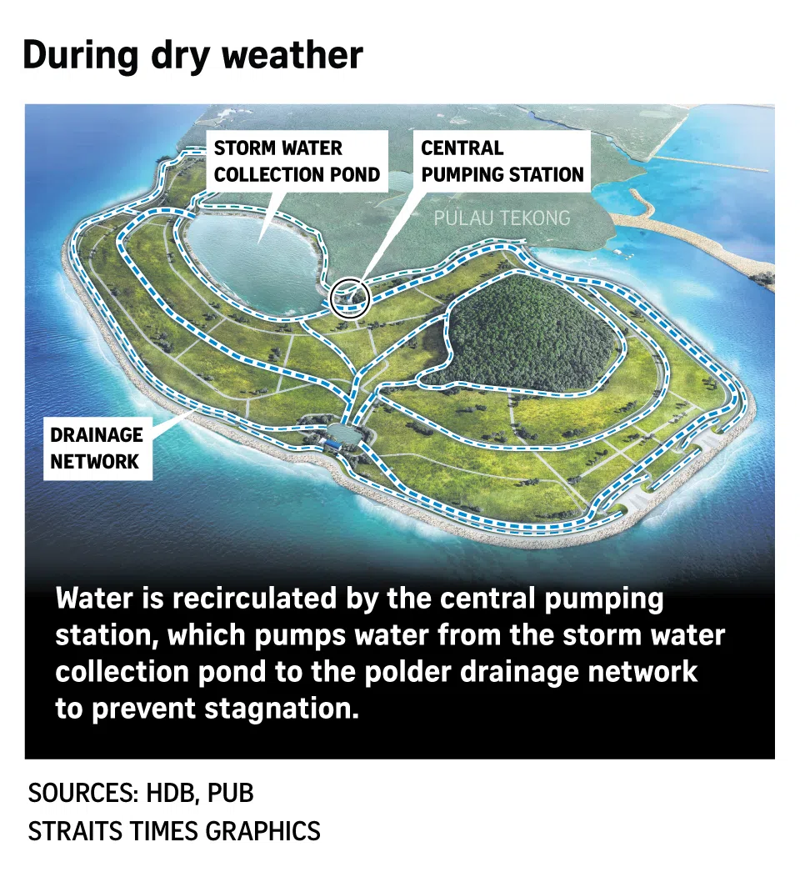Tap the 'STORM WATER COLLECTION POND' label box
(297, 161)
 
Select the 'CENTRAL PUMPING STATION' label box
(502, 161)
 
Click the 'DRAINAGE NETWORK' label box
(97, 448)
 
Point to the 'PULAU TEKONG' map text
(502, 218)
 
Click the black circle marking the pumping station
(350, 298)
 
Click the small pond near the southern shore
(342, 432)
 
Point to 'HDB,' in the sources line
(171, 793)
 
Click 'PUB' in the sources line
(230, 793)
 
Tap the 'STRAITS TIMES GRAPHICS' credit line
(174, 830)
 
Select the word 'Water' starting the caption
(94, 598)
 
